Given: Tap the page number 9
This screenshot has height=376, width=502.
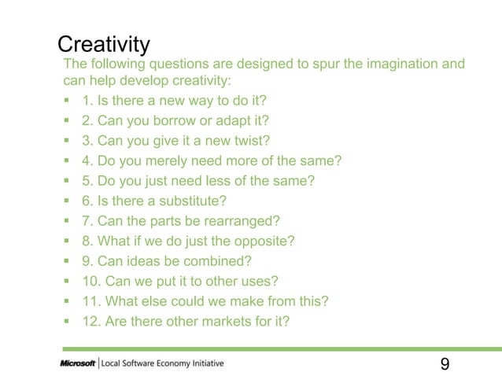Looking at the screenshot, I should (445, 363).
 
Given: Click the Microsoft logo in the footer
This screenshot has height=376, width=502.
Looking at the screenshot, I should (78, 363).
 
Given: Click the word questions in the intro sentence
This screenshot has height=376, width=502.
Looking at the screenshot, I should (168, 64).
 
